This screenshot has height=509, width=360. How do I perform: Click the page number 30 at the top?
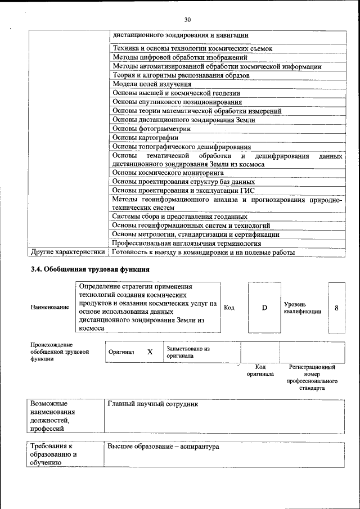click(179, 20)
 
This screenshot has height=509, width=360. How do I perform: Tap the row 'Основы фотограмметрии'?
click(151, 128)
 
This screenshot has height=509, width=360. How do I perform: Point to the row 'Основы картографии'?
click(146, 137)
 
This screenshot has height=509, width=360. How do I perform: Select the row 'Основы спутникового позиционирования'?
click(177, 102)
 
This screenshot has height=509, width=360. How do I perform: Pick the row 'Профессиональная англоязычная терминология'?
click(187, 244)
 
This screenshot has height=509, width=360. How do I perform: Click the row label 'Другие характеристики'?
click(67, 253)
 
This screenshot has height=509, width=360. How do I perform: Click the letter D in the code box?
click(264, 308)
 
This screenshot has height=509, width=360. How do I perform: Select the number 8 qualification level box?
click(336, 308)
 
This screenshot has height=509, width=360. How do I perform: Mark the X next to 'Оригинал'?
click(150, 352)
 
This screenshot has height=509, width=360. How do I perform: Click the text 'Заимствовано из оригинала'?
click(188, 352)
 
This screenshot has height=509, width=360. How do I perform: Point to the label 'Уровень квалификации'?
click(302, 308)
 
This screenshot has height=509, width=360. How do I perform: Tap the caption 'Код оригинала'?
click(260, 370)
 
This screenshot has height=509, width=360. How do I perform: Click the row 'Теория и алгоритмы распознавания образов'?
click(181, 75)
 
